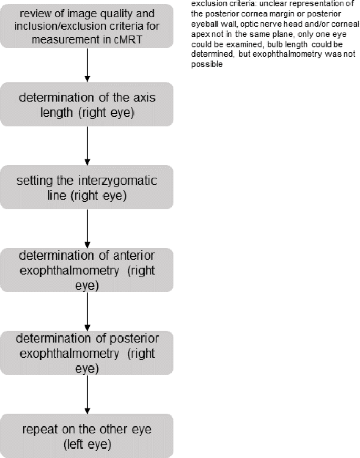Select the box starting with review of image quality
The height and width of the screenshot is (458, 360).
88,26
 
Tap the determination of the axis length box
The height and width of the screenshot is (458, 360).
88,104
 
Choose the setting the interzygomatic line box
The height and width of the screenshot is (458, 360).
88,187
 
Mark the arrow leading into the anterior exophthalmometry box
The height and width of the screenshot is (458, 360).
88,228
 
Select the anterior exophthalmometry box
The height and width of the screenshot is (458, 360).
88,270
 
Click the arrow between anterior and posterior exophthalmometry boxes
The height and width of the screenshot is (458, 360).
88,311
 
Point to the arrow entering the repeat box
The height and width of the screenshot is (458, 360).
88,394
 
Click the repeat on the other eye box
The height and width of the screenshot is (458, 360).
88,436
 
